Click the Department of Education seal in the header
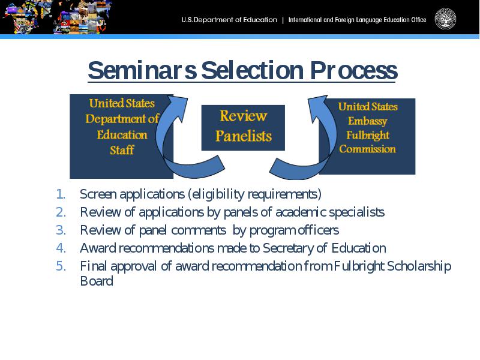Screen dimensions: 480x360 coord(445,19)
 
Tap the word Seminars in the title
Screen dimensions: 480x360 coord(142,70)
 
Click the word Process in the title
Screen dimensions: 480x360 coord(353,70)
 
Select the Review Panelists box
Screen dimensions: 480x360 coord(243,128)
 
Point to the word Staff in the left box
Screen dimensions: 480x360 coord(122,150)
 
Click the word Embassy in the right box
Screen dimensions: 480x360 coord(367,121)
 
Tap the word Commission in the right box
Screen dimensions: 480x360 coord(367,149)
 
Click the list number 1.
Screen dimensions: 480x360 coord(61,194)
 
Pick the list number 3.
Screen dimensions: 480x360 coord(61,230)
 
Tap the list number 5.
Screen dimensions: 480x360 coord(61,266)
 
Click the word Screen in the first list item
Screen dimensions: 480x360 coord(98,194)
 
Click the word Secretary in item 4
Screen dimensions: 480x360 coord(288,248)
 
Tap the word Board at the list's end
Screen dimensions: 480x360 coord(97,281)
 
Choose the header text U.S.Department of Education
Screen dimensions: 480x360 coord(229,20)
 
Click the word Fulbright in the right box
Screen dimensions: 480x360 coord(368,136)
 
